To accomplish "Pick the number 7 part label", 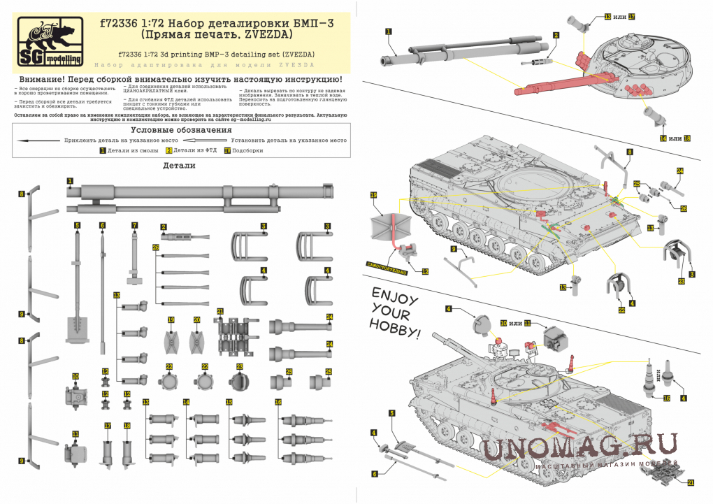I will pyautogui.click(x=135, y=225).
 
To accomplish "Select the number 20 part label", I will pyautogui.click(x=197, y=319).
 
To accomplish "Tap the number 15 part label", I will pyautogui.click(x=229, y=402).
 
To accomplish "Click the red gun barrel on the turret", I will pyautogui.click(x=552, y=85).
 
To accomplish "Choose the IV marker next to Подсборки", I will pyautogui.click(x=226, y=150).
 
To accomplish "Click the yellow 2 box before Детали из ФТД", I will pyautogui.click(x=168, y=150).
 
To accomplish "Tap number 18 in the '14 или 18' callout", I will pyautogui.click(x=688, y=138).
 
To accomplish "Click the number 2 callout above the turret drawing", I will pyautogui.click(x=556, y=35).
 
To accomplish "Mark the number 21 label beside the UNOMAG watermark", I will pyautogui.click(x=691, y=482).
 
